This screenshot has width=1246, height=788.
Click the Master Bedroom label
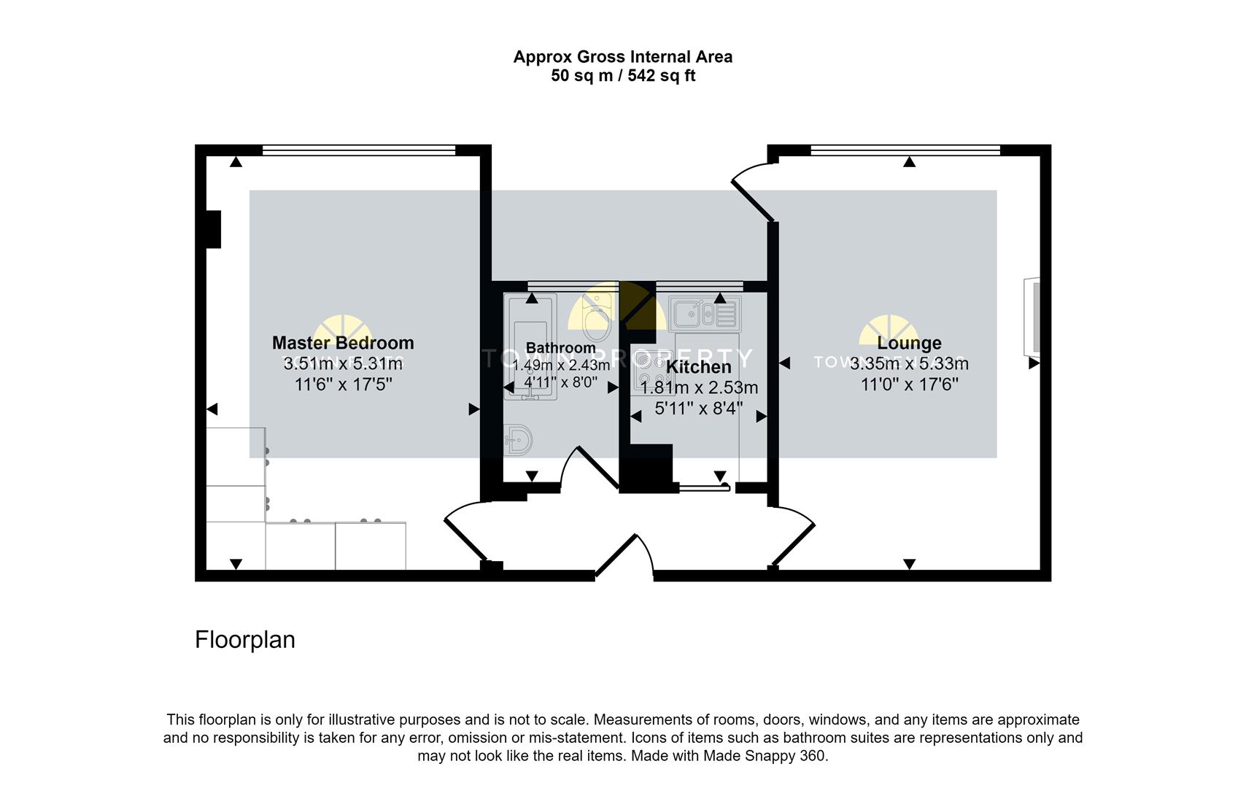pyautogui.click(x=343, y=343)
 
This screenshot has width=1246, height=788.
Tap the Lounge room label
pyautogui.click(x=909, y=343)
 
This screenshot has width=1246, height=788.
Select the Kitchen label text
pyautogui.click(x=698, y=367)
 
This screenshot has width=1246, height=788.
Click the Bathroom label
pyautogui.click(x=560, y=348)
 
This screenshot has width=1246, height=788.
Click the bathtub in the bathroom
pyautogui.click(x=530, y=347)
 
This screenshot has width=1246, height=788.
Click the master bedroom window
pyautogui.click(x=358, y=150)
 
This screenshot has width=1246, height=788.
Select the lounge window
pyautogui.click(x=905, y=150)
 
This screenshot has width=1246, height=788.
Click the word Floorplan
pyautogui.click(x=245, y=640)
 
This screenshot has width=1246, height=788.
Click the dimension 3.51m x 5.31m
pyautogui.click(x=343, y=363)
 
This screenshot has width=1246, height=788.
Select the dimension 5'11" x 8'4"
pyautogui.click(x=698, y=409)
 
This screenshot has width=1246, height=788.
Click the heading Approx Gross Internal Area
pyautogui.click(x=622, y=57)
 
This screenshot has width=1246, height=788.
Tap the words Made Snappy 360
pyautogui.click(x=765, y=756)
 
